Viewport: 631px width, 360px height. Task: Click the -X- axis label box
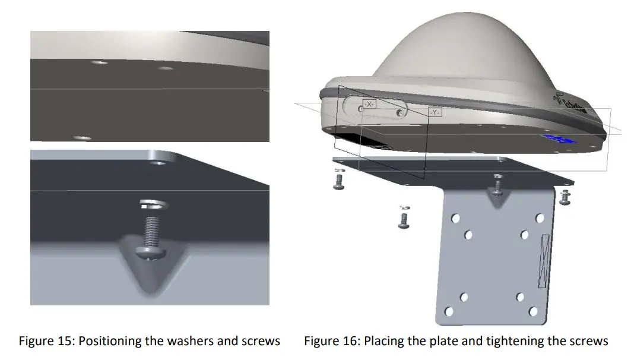click(369, 104)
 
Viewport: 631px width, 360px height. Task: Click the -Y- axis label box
click(435, 112)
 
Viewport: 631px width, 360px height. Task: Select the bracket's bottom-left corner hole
click(450, 311)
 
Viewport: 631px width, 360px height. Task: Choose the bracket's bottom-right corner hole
click(534, 311)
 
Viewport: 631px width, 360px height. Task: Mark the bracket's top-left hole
click(455, 219)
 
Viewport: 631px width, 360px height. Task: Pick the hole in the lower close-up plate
click(159, 160)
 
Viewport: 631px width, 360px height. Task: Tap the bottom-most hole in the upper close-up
click(83, 137)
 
